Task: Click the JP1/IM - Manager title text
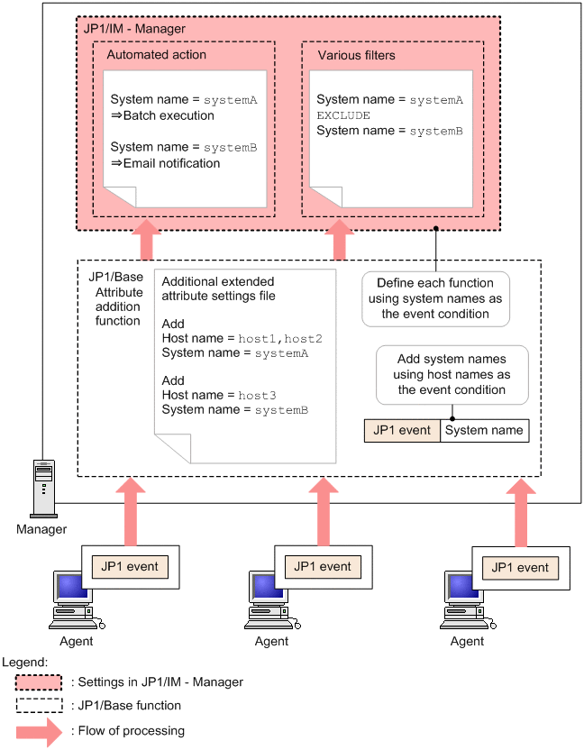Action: [134, 29]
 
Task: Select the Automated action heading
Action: [156, 55]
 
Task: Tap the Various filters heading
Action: [356, 55]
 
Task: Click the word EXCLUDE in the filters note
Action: [343, 116]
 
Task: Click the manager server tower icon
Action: [42, 487]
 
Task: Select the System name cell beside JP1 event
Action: [484, 430]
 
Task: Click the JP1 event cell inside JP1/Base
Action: [401, 430]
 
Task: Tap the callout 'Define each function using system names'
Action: [435, 298]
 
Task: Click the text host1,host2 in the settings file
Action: [280, 338]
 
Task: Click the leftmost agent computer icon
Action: [74, 599]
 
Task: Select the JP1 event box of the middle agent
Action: [323, 566]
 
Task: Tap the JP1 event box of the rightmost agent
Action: [520, 567]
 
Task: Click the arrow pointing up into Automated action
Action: [145, 242]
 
